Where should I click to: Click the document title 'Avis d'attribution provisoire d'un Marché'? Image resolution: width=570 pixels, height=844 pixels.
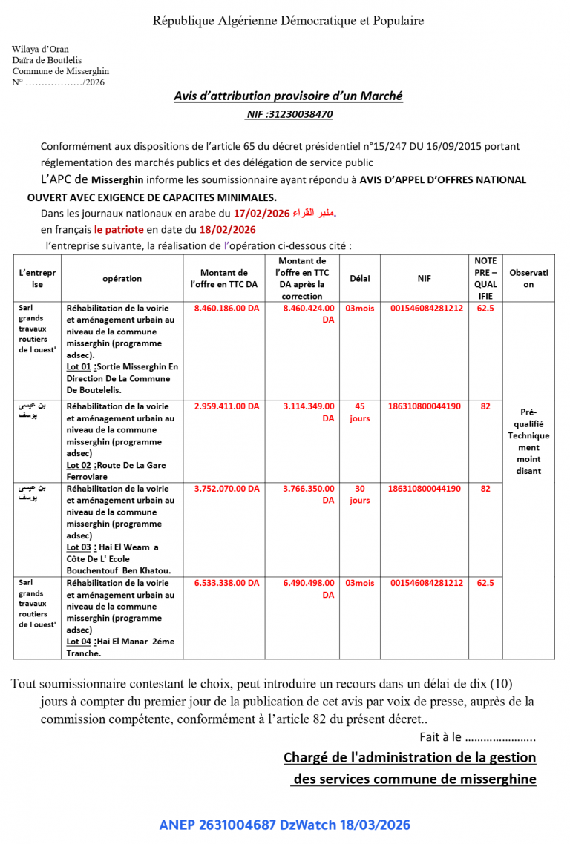288,96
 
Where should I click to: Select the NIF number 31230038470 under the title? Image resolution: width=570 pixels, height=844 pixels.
289,115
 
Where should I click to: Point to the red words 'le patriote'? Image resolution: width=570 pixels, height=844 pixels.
120,229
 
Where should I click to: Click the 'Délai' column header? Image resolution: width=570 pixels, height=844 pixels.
359,278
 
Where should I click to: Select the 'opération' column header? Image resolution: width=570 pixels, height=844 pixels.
122,278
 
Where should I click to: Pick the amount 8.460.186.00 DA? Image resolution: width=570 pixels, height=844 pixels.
226,308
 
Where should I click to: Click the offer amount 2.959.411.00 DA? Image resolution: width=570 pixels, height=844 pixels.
226,406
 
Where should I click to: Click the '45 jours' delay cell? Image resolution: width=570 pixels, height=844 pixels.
359,412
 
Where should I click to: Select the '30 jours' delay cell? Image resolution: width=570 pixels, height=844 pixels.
359,495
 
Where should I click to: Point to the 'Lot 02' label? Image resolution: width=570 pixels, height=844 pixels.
78,466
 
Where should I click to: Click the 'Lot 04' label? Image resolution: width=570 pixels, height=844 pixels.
78,642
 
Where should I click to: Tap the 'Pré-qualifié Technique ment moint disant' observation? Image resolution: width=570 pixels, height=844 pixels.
528,441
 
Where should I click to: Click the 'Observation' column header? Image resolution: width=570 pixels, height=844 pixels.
528,278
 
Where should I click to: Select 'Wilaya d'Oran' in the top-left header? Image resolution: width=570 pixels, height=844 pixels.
40,50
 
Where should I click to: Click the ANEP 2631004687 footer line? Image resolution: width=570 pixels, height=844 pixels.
284,825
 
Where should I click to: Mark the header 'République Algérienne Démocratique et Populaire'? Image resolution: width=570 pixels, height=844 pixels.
288,21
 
